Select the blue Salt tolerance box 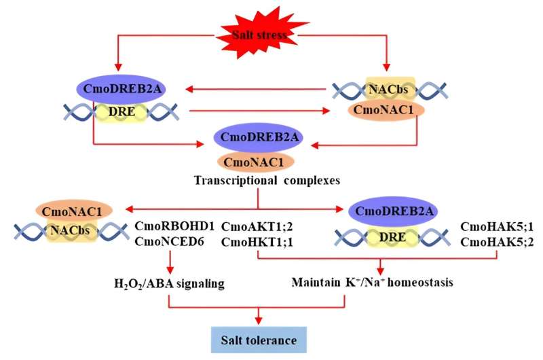click(259, 338)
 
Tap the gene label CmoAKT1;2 click(253, 226)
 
